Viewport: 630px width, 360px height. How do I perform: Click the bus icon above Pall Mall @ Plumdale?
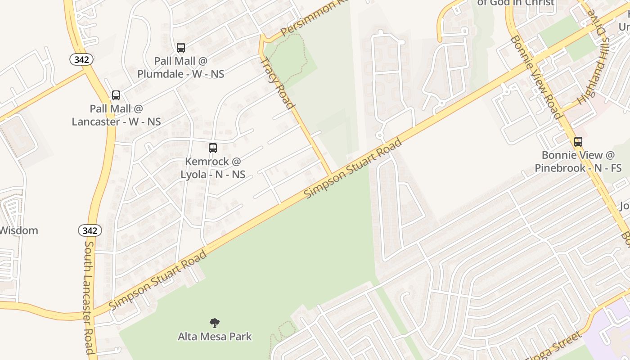tap(181, 48)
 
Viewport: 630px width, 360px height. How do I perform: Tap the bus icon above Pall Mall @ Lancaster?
tap(116, 95)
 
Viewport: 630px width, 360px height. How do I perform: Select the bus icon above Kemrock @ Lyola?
tap(213, 148)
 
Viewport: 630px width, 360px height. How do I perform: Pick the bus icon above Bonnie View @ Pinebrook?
tap(578, 142)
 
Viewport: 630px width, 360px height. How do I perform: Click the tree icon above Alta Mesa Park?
tap(215, 323)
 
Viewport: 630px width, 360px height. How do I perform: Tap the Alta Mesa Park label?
tap(215, 337)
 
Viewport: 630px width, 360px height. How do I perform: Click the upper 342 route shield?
tap(81, 59)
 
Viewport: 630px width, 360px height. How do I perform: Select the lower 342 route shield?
tap(90, 231)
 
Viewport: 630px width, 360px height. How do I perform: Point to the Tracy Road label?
tap(277, 83)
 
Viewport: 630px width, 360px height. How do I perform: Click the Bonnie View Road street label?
tap(536, 77)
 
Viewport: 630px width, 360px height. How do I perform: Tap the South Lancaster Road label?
tap(90, 297)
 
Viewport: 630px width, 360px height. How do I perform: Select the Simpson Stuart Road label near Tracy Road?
tap(353, 169)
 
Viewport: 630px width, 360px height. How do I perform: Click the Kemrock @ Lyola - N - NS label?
tap(213, 168)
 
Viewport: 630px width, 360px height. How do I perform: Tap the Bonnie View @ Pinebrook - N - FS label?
tap(578, 162)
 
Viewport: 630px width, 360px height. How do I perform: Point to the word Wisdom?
tap(18, 231)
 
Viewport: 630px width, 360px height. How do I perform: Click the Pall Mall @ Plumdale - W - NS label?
tap(181, 67)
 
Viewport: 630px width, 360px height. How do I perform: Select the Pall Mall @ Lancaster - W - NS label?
tap(116, 115)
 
